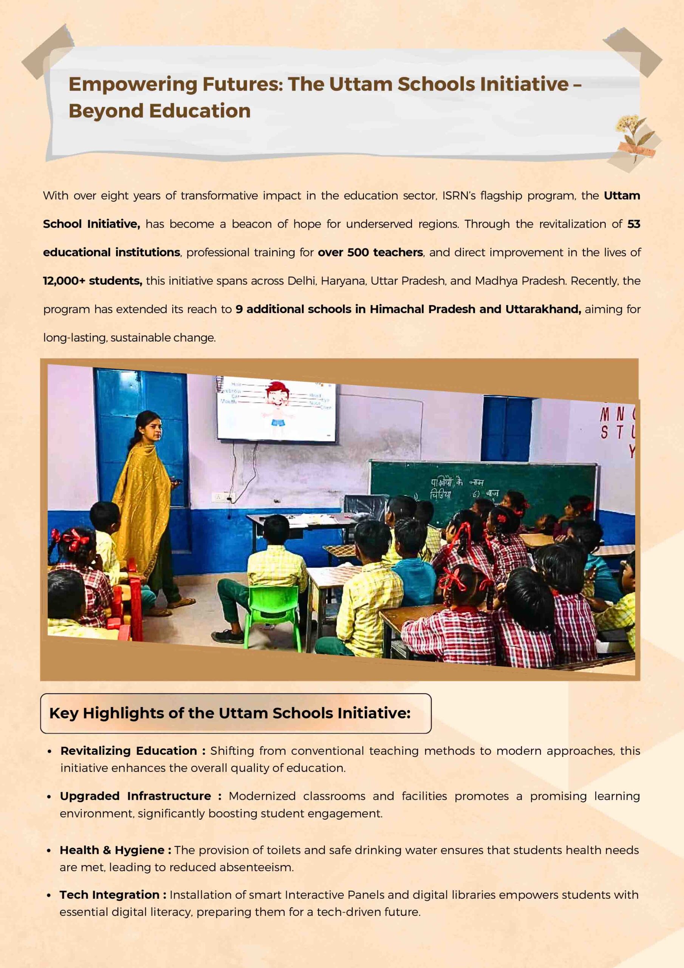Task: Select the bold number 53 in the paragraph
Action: click(633, 224)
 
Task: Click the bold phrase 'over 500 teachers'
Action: click(370, 253)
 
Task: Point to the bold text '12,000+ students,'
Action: click(92, 281)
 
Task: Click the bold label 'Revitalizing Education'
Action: click(128, 751)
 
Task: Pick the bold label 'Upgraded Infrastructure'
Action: click(135, 796)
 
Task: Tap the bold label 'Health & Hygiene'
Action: click(112, 850)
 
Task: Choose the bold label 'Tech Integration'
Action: click(109, 895)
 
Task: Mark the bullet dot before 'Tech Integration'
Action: click(50, 895)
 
